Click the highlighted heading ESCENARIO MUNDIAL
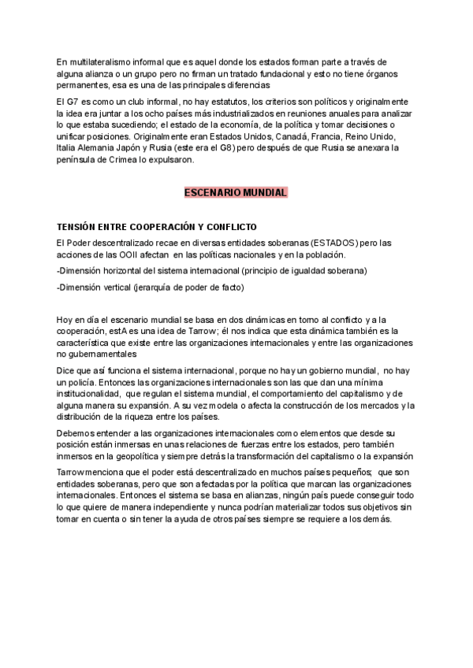(x=236, y=193)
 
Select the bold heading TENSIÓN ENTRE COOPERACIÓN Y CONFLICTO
(x=157, y=227)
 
